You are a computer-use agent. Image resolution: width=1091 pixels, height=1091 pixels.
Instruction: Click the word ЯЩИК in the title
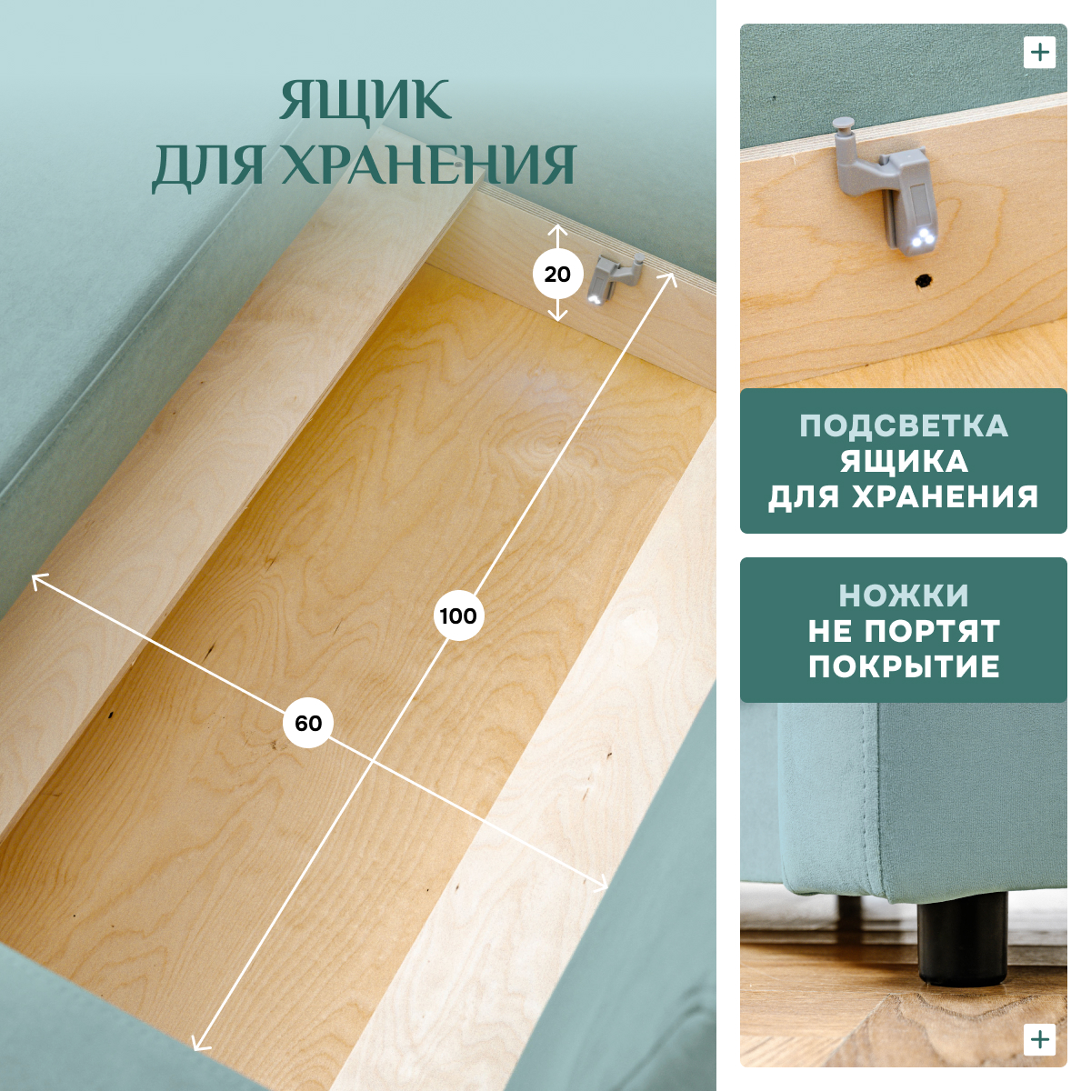point(365,101)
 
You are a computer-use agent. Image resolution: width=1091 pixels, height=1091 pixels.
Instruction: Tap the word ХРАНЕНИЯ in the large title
point(428,165)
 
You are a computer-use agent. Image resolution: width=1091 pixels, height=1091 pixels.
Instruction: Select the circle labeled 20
point(557,275)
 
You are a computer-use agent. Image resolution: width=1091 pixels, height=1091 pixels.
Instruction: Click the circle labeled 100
point(458,616)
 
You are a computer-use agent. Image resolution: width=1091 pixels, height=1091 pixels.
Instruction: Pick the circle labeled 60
point(308,724)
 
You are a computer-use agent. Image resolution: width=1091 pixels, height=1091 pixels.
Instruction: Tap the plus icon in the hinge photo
point(1039,53)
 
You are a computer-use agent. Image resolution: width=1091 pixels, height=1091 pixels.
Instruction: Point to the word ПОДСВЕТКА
point(904,425)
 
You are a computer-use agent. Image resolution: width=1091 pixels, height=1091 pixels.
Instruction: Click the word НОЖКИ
point(904,596)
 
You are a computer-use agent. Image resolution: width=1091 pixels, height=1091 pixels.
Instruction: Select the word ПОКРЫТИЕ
point(904,666)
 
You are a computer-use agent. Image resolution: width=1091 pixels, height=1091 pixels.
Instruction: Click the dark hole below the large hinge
point(924,280)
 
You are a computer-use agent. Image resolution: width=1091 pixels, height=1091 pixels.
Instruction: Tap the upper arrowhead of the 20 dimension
point(558,229)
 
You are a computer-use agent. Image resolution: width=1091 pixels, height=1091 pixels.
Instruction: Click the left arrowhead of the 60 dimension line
point(36,580)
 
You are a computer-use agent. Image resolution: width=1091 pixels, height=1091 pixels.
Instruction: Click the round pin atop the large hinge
point(845,124)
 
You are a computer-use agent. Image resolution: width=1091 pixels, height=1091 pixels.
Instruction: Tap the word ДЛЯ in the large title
point(209,165)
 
